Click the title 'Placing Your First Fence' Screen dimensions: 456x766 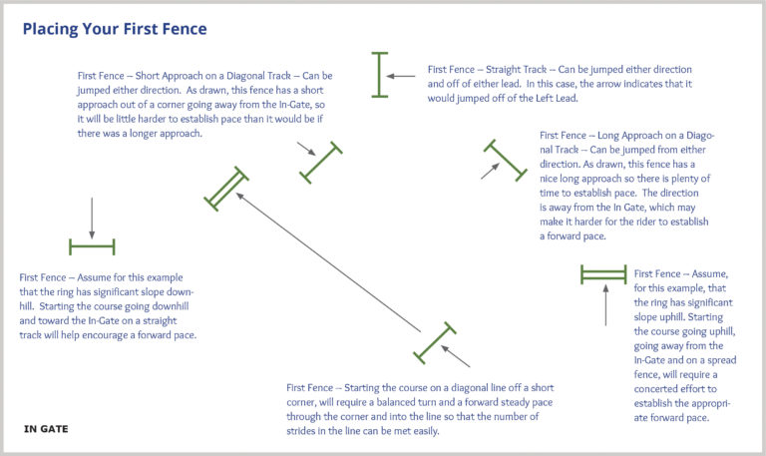tap(115, 29)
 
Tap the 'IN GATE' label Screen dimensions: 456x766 tap(46, 429)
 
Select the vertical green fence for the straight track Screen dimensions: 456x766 tap(379, 75)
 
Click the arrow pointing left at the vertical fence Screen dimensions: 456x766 tap(402, 76)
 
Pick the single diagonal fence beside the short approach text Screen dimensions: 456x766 tap(321, 163)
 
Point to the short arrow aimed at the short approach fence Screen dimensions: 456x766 tap(306, 150)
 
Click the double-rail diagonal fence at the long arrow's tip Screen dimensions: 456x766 tap(225, 189)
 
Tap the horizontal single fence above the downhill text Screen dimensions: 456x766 tap(92, 246)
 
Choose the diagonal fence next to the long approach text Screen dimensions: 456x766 tap(505, 160)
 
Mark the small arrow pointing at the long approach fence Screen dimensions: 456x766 tap(490, 171)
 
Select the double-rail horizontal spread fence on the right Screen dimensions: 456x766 tap(602, 274)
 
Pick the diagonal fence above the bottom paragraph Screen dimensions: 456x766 tap(434, 342)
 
